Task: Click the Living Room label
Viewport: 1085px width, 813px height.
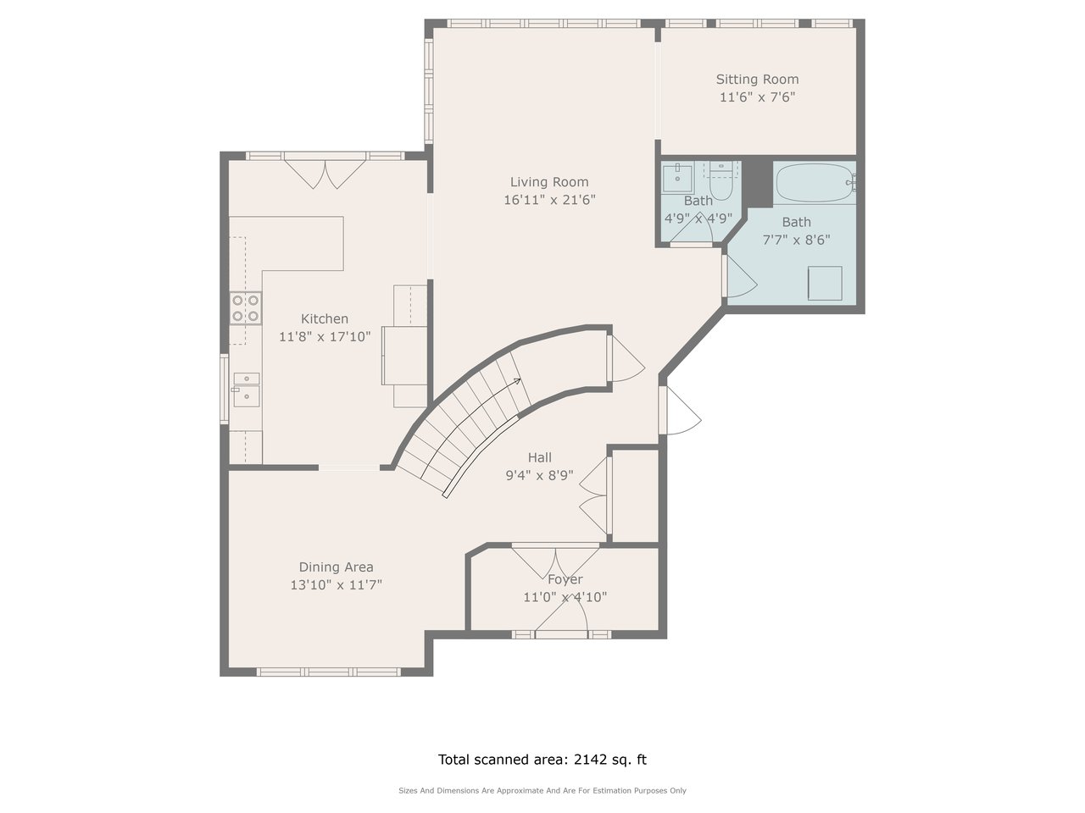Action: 549,182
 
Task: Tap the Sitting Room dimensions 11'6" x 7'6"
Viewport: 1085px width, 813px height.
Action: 757,97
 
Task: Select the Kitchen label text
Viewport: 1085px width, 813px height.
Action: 325,319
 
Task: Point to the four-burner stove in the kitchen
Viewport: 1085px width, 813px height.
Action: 246,308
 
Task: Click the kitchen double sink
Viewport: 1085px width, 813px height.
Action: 246,390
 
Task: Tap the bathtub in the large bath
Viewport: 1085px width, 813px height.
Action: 815,183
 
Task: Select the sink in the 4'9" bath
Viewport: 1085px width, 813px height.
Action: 677,178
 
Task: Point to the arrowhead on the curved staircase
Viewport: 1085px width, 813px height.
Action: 517,381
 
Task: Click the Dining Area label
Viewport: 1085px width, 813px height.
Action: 337,567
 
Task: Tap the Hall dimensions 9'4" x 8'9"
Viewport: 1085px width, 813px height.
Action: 539,475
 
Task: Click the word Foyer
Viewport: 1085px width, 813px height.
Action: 565,579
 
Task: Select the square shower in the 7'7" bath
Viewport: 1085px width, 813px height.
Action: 825,284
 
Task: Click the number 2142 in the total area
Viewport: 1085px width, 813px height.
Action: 590,759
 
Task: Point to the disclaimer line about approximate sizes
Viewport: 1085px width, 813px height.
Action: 542,791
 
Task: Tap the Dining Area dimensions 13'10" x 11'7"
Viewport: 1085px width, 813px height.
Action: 337,585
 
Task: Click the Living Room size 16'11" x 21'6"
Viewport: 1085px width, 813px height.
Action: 549,200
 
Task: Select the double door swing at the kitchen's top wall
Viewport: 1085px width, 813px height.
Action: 325,174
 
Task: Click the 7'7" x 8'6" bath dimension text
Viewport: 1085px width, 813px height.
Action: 796,240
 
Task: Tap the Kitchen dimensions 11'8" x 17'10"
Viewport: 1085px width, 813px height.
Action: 325,337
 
